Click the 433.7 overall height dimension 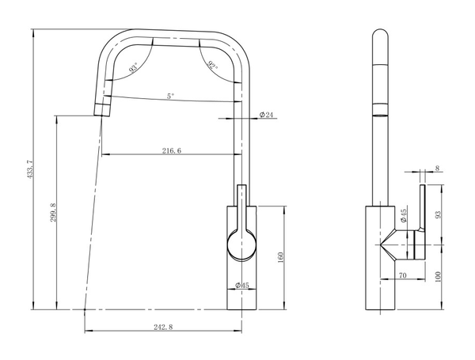31,169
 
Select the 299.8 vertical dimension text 53,212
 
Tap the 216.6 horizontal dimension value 172,150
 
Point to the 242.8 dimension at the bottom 163,327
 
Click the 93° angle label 133,67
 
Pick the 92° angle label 213,66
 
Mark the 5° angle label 171,97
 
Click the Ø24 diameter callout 266,115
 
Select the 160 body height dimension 280,257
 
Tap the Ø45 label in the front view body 242,285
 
